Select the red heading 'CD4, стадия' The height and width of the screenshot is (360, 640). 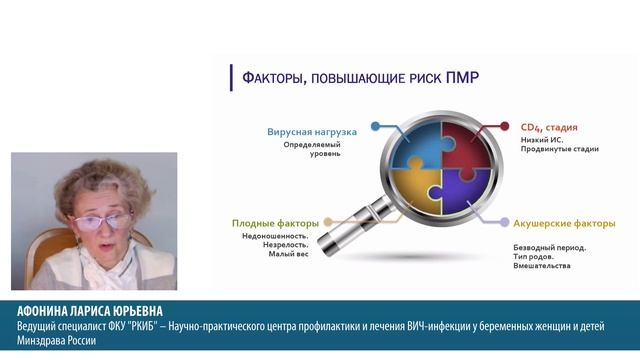point(548,128)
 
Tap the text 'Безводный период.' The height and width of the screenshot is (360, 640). point(549,246)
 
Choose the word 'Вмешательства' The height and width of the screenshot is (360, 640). point(541,266)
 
